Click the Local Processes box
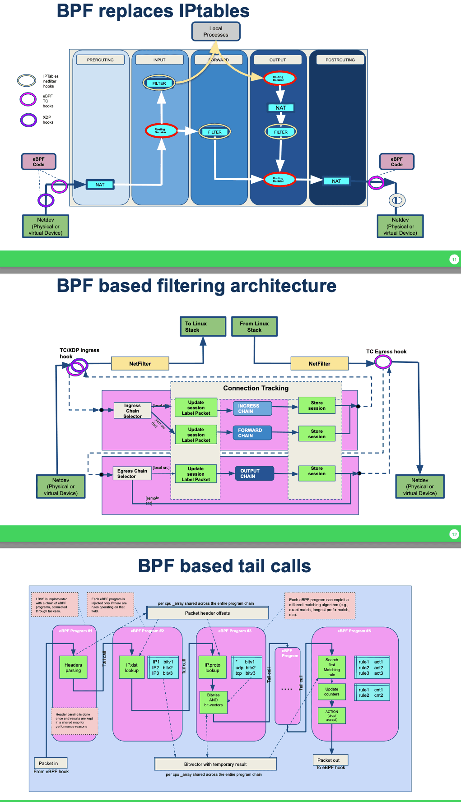click(216, 32)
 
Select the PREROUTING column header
click(100, 60)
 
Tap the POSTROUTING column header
click(340, 60)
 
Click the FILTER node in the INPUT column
click(159, 83)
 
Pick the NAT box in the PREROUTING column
click(100, 185)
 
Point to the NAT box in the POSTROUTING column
click(336, 181)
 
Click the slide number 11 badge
click(454, 260)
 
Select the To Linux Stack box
click(203, 326)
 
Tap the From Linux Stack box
click(254, 326)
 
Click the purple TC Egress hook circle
click(383, 362)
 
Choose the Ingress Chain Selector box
click(132, 411)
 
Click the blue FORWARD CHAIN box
click(252, 433)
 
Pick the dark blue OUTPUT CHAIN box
click(254, 473)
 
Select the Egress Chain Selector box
click(132, 473)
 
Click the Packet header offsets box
click(208, 613)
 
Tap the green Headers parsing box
click(73, 668)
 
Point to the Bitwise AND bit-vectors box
click(214, 700)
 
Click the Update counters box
click(332, 691)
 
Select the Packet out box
click(330, 760)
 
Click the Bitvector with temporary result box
click(215, 764)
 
